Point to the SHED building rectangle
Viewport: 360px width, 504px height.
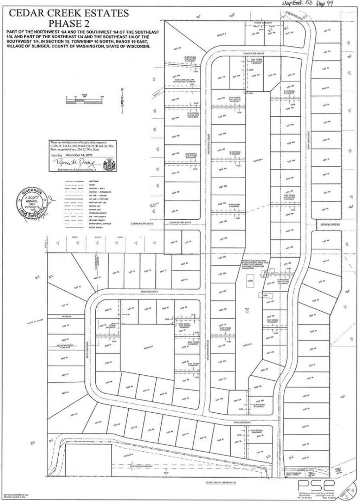250,281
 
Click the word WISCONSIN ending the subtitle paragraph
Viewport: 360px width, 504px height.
138,46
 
